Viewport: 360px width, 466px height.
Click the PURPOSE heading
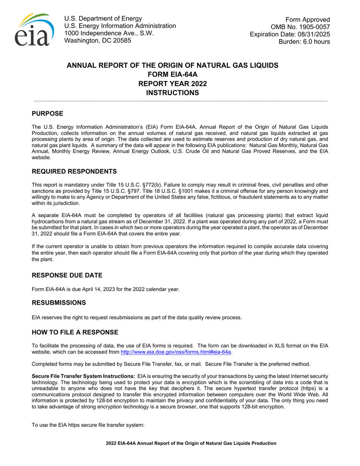point(47,114)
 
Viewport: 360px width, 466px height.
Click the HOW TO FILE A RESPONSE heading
point(75,332)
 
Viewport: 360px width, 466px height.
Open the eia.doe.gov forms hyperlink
point(175,352)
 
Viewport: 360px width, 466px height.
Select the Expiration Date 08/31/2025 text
point(290,34)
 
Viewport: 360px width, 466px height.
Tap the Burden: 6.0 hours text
point(304,42)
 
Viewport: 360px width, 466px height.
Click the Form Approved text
point(307,20)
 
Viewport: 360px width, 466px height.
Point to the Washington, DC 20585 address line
point(98,41)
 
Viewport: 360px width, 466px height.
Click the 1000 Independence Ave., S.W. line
point(109,33)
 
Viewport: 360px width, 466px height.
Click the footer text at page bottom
point(191,443)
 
